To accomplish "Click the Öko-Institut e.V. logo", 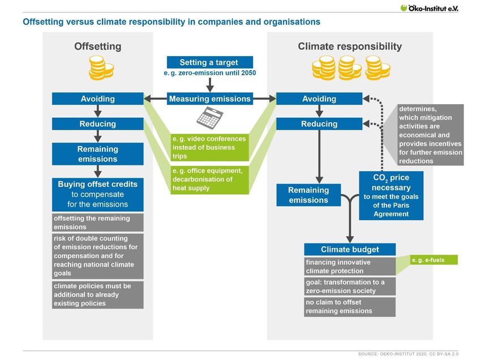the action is tap(429, 8).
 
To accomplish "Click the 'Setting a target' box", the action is tap(210, 62).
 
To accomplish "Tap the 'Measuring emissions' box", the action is tap(210, 99).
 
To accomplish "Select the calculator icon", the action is tap(210, 118).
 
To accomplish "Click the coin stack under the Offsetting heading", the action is tap(101, 68).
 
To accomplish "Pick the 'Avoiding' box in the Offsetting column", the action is tap(97, 99).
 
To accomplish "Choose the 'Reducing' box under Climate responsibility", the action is tap(319, 124).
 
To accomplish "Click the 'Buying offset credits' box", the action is tap(97, 195).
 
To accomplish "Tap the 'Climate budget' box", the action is tap(350, 250).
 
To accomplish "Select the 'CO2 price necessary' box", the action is tap(391, 195).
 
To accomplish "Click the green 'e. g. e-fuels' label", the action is tap(434, 260).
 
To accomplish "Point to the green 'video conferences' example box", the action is tap(210, 147).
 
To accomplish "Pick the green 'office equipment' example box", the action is tap(210, 179).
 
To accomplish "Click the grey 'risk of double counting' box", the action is tap(97, 256).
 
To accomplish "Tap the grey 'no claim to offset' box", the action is tap(350, 307).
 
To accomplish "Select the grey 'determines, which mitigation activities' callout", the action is tap(431, 135).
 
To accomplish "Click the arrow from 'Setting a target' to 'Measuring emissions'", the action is tap(210, 85).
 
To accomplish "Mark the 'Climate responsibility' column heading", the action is tap(350, 46).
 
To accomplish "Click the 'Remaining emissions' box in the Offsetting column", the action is tap(97, 154).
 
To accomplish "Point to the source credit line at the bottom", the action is tap(408, 354).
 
